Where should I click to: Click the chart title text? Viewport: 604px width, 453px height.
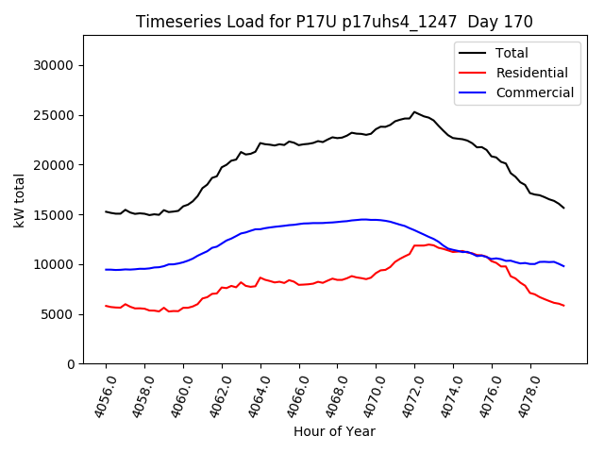[x=334, y=22]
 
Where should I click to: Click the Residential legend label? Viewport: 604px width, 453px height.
[x=531, y=73]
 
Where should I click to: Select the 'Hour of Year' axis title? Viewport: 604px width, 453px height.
[x=334, y=431]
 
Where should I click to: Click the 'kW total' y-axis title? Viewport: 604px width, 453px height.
[x=19, y=200]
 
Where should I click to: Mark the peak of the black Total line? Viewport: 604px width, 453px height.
[x=414, y=111]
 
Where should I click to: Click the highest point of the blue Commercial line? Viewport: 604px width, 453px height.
[x=364, y=219]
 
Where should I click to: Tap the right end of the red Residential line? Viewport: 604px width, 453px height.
[x=564, y=306]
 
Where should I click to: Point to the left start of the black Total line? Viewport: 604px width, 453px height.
[x=106, y=211]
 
